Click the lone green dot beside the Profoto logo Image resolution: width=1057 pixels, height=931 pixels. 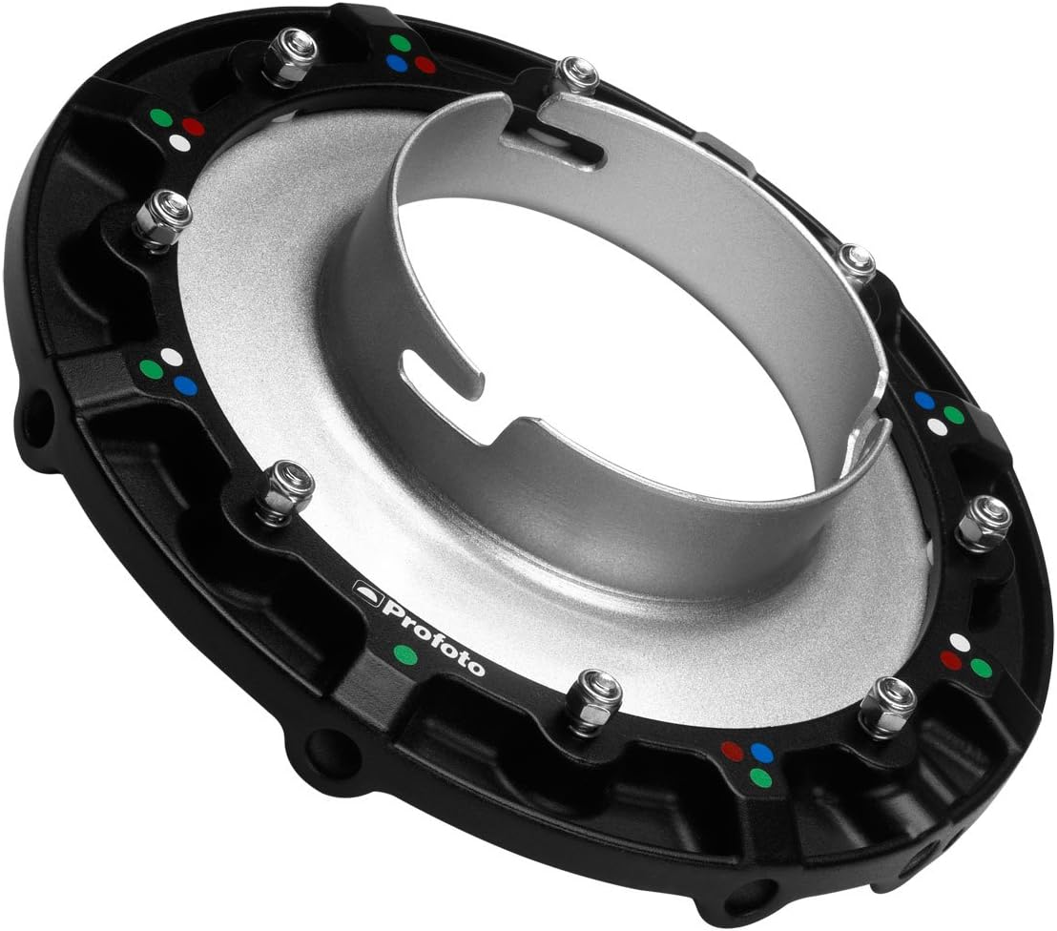click(405, 654)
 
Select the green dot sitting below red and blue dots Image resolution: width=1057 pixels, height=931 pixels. click(759, 777)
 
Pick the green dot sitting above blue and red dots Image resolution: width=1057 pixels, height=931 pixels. click(401, 43)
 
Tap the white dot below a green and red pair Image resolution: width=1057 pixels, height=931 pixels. click(178, 142)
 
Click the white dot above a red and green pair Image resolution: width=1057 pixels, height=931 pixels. click(960, 643)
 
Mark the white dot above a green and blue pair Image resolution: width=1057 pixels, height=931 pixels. click(172, 356)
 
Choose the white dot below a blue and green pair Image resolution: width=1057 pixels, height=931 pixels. click(938, 428)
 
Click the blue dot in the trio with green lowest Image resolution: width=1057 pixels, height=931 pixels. click(761, 753)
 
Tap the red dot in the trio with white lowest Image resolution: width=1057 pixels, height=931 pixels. click(193, 126)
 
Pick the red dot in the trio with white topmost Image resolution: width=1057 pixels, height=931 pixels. click(951, 660)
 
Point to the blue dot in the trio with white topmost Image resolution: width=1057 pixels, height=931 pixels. click(185, 386)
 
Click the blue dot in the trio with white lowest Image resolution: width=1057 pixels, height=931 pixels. click(923, 400)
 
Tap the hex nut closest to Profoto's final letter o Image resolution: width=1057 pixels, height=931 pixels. click(592, 700)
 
